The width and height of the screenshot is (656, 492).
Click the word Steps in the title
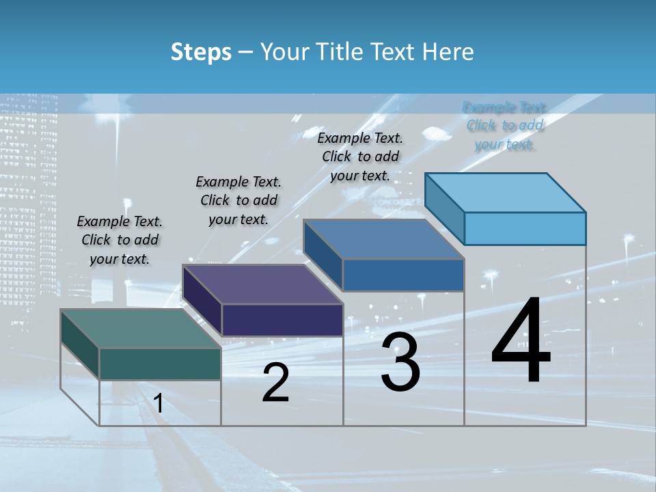(x=201, y=52)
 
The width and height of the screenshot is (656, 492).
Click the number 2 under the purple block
(x=275, y=383)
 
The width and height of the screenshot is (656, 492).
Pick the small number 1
(x=159, y=404)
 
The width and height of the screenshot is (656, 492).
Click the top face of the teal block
(x=141, y=329)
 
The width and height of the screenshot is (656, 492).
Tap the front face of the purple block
(x=282, y=320)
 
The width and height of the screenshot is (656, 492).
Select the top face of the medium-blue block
(x=383, y=240)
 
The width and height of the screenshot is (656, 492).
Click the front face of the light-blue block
(x=525, y=228)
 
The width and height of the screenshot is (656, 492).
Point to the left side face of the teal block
(x=80, y=344)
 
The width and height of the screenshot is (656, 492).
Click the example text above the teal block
(x=120, y=240)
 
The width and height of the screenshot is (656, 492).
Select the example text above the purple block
(x=238, y=200)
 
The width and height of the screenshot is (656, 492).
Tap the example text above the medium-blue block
(x=360, y=156)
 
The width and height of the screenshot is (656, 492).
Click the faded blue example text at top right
(x=505, y=126)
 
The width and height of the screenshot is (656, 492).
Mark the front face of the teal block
(x=160, y=364)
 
